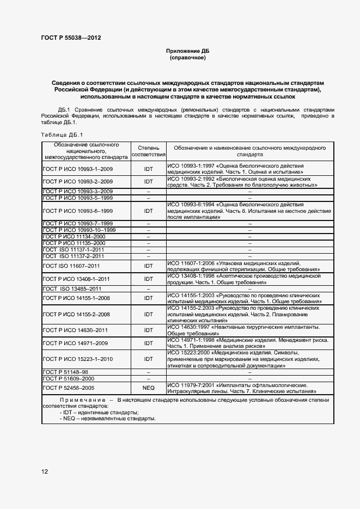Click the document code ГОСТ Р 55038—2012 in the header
(x=71, y=38)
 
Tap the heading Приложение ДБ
(x=187, y=51)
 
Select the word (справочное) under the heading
(x=187, y=57)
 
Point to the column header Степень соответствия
(x=148, y=151)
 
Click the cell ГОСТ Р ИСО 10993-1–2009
(x=78, y=169)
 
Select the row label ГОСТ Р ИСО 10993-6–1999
(x=78, y=210)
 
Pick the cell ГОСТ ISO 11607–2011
(x=71, y=266)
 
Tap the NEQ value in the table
(x=148, y=388)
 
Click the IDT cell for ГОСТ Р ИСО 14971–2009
(x=148, y=343)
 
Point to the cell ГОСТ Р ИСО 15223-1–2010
(x=78, y=359)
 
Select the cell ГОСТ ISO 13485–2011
(x=72, y=288)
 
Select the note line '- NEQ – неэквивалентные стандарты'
(x=108, y=419)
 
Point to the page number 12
(x=44, y=471)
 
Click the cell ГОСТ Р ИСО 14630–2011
(x=76, y=330)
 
